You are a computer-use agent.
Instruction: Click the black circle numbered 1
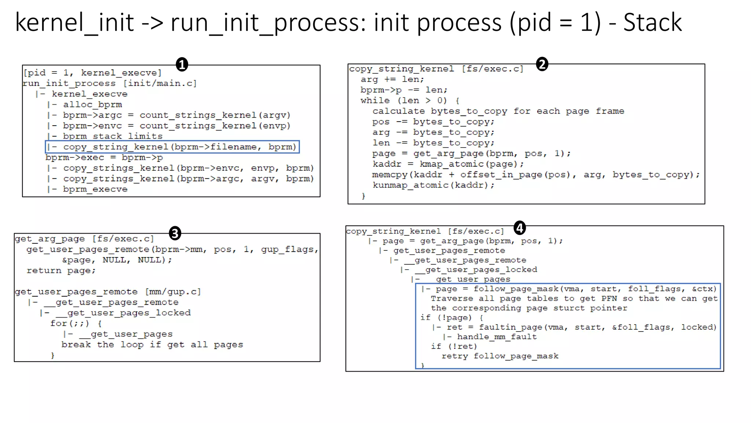click(182, 65)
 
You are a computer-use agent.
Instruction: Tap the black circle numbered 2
click(542, 64)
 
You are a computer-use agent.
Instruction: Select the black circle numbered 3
click(175, 233)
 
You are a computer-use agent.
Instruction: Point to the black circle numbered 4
click(520, 228)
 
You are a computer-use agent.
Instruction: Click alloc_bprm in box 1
click(92, 105)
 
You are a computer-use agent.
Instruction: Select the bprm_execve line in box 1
click(95, 189)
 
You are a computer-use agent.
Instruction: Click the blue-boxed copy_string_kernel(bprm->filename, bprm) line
click(172, 147)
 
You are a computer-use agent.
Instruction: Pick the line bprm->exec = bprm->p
click(104, 158)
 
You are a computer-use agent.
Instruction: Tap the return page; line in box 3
click(61, 271)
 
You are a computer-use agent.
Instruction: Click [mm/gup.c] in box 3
click(173, 292)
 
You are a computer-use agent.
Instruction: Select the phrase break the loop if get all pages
click(152, 345)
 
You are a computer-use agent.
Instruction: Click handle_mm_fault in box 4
click(497, 337)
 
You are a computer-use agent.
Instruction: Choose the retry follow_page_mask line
click(500, 356)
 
